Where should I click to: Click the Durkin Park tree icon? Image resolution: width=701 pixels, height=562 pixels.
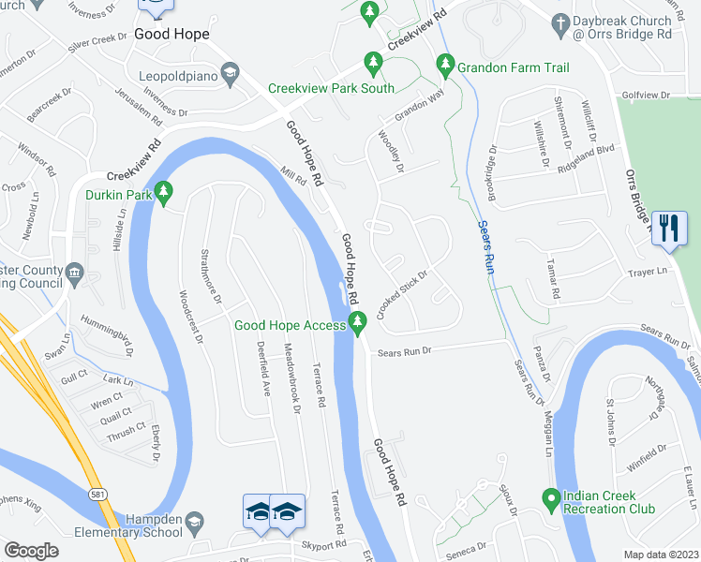(164, 194)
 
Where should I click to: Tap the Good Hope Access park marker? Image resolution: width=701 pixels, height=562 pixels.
(357, 324)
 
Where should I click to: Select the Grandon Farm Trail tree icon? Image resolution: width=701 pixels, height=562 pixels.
(445, 67)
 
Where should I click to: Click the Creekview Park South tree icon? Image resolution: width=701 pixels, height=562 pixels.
(373, 64)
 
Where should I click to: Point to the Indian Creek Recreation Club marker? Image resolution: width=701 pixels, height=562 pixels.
(551, 501)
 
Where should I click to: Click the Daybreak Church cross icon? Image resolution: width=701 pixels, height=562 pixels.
(560, 25)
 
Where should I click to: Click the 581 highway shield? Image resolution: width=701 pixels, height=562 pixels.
(98, 493)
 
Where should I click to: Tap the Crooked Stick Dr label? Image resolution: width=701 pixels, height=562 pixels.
(403, 294)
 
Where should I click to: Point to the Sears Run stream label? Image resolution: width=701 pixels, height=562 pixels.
(485, 247)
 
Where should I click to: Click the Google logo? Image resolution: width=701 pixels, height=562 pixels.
(31, 550)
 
